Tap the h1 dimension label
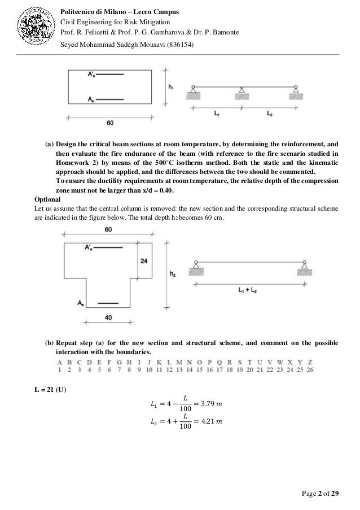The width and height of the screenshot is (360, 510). coord(172,87)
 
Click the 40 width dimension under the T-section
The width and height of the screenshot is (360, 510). coord(109,319)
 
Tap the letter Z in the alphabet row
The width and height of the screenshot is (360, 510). coord(310,361)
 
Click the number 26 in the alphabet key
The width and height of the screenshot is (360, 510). coord(310,370)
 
